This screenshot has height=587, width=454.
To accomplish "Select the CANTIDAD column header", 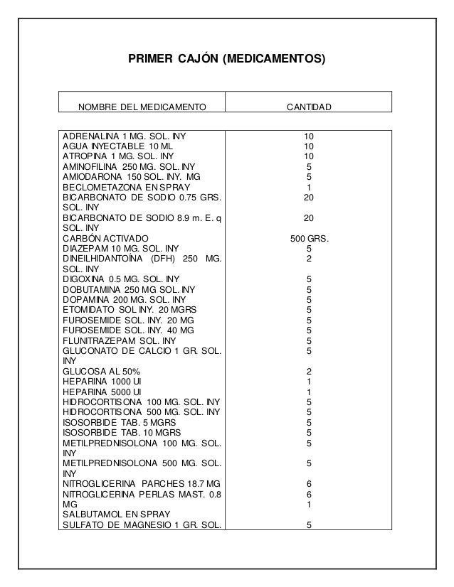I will pos(308,107).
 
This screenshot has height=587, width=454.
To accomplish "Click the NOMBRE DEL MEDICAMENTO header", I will pos(141,107).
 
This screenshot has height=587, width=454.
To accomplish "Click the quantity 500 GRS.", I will pos(309,238).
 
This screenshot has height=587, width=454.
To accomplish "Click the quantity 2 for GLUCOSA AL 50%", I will pos(309,372).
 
